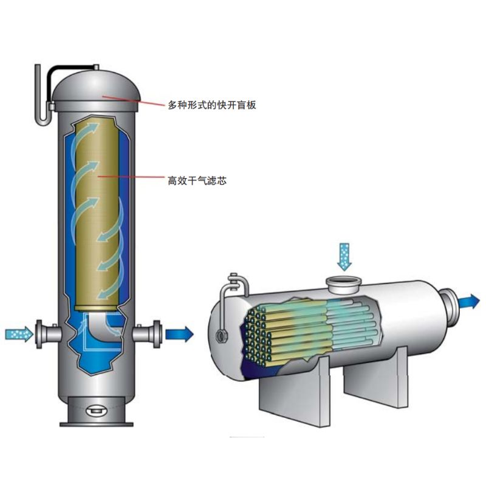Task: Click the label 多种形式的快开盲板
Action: coord(212,105)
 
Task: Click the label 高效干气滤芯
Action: coord(197,180)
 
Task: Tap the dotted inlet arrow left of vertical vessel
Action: coord(19,334)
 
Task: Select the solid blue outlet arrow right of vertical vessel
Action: coord(179,334)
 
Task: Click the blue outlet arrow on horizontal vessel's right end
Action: coord(469,301)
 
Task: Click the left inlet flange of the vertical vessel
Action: coord(39,334)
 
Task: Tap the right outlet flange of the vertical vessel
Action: coord(157,334)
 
